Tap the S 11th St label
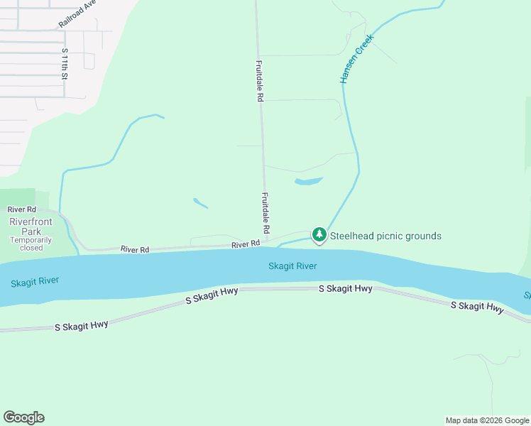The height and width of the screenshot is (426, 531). point(65,63)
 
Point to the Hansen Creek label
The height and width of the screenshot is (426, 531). point(356,62)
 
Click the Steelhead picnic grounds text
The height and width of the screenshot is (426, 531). point(385,236)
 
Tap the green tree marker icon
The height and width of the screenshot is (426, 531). point(319,234)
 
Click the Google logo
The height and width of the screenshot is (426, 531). point(23,417)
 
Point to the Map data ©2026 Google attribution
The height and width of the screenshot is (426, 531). point(488,420)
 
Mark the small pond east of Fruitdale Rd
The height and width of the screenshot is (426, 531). point(309,181)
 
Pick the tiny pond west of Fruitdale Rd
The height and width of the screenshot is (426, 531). point(200,203)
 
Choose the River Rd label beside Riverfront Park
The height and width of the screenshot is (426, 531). point(21,209)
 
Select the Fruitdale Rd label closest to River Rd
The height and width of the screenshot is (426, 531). point(265,213)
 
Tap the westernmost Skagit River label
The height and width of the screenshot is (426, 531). point(35,282)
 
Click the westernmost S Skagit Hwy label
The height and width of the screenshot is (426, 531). point(82,325)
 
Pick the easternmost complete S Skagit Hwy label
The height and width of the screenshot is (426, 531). point(477,307)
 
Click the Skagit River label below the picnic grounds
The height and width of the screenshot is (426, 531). point(292,266)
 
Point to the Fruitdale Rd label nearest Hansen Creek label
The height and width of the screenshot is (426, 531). point(259,81)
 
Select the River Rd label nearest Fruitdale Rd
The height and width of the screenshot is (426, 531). point(245,244)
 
